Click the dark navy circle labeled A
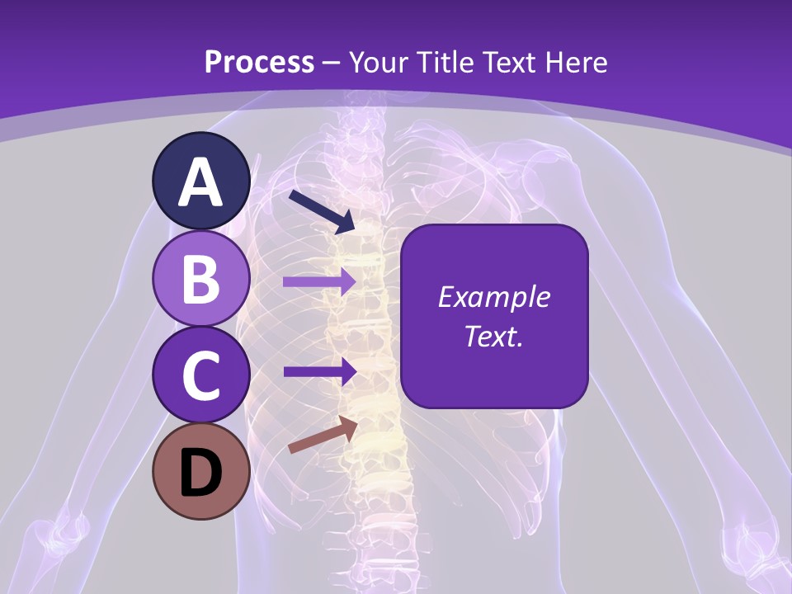tap(201, 181)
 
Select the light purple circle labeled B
tap(201, 278)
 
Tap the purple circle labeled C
tap(201, 375)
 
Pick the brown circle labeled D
tap(201, 471)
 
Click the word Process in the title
tap(259, 63)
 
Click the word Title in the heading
tap(441, 63)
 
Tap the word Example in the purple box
tap(493, 297)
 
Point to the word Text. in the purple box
tap(493, 336)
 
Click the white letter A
tap(201, 182)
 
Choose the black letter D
tap(201, 473)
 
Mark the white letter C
tap(201, 375)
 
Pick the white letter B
tap(201, 279)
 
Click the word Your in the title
tap(377, 63)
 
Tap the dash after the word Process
tap(332, 64)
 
